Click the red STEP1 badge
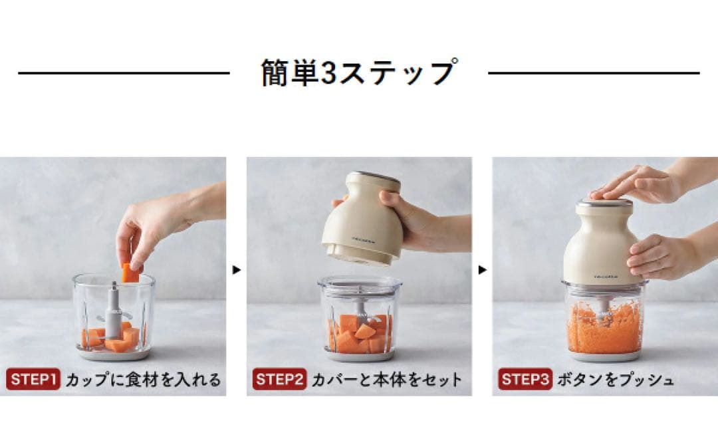(33, 379)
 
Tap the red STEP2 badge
(279, 379)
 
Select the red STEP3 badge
(525, 379)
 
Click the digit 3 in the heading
(328, 73)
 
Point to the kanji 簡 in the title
(275, 72)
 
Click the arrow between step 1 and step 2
(236, 270)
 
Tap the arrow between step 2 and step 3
(482, 270)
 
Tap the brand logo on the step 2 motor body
(364, 239)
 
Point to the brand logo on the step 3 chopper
(606, 276)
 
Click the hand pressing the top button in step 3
(641, 183)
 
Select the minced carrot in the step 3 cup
(604, 329)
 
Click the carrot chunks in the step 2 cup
(360, 333)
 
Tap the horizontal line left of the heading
(124, 72)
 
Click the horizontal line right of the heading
(594, 72)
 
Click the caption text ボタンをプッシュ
(616, 380)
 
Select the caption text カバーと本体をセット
(387, 380)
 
